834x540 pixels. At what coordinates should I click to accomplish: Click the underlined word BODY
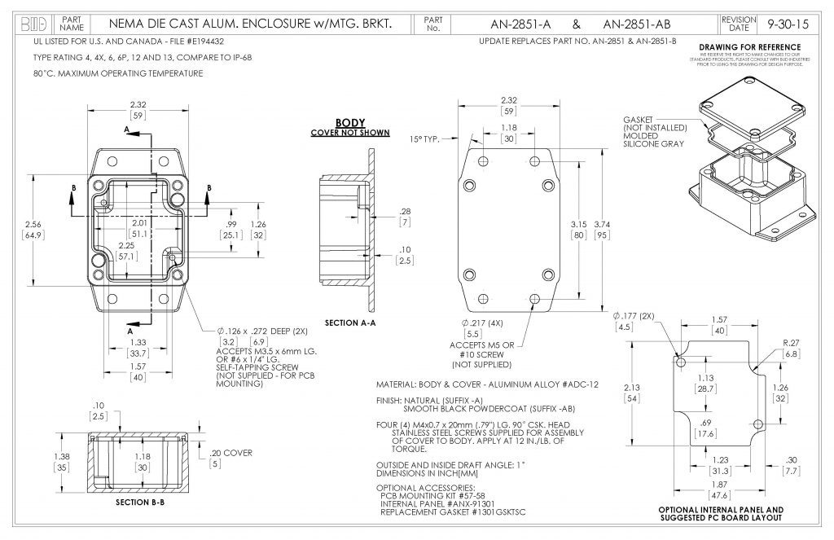coord(350,123)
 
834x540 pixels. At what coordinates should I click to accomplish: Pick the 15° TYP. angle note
coord(424,139)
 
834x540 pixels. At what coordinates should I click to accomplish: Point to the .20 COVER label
coord(231,453)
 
